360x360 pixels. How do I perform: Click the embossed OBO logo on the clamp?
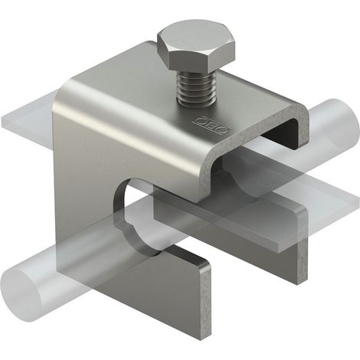(212, 124)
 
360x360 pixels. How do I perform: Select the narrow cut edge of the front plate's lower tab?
(205, 304)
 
